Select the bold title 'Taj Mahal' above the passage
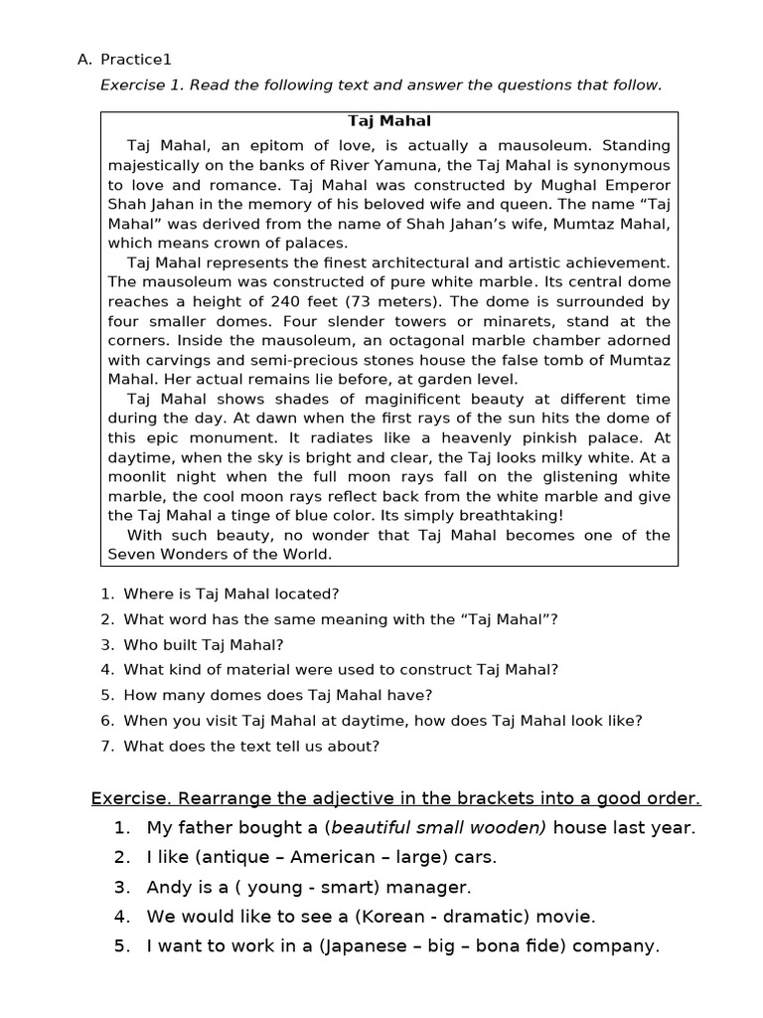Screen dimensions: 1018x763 coord(388,121)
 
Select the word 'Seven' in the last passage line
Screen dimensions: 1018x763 coord(131,554)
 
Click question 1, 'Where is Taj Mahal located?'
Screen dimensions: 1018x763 coord(230,594)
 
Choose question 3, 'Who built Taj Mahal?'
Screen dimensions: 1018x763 coord(203,644)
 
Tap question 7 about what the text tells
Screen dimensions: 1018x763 coord(250,746)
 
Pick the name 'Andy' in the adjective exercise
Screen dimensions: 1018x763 coord(167,887)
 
